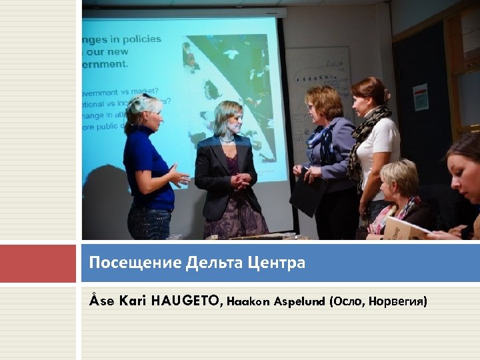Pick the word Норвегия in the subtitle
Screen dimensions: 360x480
click(x=398, y=301)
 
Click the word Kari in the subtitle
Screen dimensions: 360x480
click(x=133, y=301)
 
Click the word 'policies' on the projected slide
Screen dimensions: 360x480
click(x=139, y=39)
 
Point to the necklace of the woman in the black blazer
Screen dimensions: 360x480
click(x=227, y=141)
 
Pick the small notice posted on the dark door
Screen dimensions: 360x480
click(x=421, y=97)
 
